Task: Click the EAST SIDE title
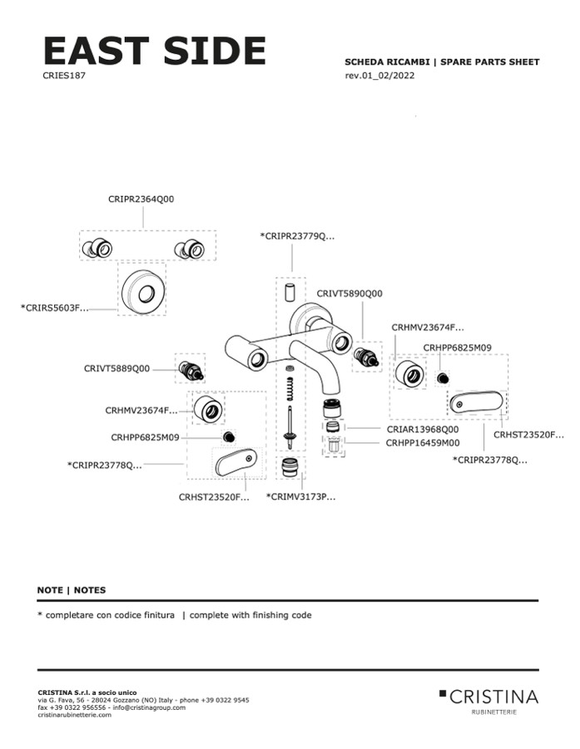pos(154,51)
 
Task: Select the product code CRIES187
pos(64,76)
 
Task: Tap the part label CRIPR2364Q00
pos(141,200)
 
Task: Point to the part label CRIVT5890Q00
pos(349,293)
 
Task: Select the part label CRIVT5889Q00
pos(116,368)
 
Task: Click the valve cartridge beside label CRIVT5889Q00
pos(190,367)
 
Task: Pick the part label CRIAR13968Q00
pos(422,429)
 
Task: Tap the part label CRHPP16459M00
pos(422,443)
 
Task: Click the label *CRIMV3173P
pos(300,496)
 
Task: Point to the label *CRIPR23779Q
pos(297,237)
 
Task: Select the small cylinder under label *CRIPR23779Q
pos(290,292)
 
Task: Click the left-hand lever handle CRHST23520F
pos(235,461)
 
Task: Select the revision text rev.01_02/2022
pos(379,76)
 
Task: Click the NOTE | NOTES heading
pos(72,590)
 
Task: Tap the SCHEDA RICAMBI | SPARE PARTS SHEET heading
pos(442,62)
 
